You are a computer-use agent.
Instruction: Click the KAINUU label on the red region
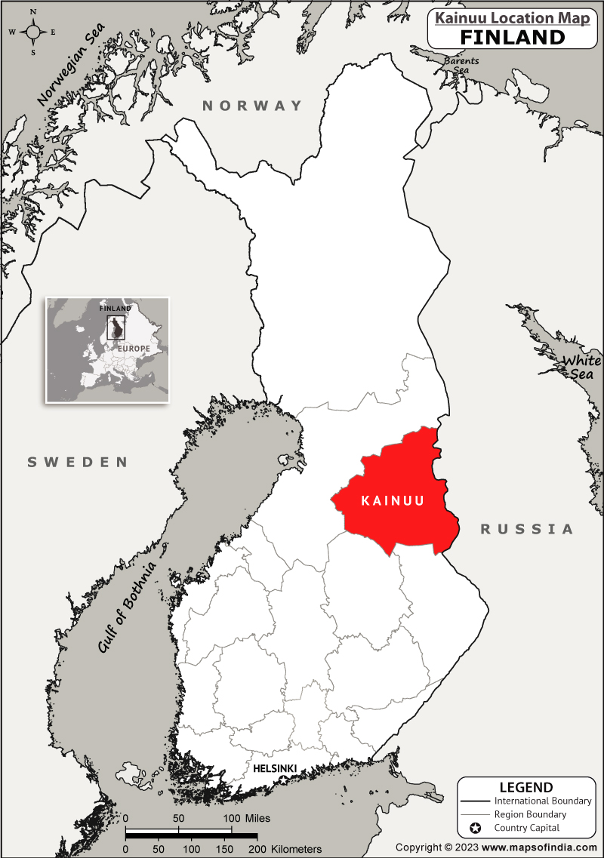pos(393,500)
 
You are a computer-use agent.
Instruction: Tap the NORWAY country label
pos(252,106)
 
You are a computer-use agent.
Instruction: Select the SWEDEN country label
pos(78,462)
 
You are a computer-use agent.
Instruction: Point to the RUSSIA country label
pos(527,529)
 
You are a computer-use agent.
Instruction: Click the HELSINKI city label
pos(275,768)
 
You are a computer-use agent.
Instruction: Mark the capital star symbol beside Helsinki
pos(284,779)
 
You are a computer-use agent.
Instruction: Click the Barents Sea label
pos(459,66)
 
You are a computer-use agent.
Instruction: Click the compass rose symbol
pos(33,32)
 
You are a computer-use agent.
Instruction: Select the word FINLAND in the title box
pos(512,37)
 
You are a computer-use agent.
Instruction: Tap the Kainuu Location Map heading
pos(512,18)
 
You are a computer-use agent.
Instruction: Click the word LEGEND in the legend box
pos(525,788)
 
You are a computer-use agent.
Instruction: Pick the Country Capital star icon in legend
pos(475,829)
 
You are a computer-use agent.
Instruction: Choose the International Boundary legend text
pos(543,801)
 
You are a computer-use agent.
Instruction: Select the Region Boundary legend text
pos(530,814)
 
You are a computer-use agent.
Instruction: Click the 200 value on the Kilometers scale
pos(257,849)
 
